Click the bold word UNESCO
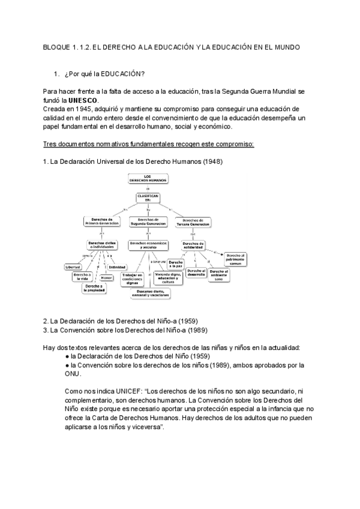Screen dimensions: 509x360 [82, 100]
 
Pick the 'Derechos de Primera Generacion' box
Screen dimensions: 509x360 [101, 221]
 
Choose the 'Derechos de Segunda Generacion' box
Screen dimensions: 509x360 [148, 221]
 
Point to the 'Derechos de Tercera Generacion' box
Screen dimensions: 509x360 [194, 221]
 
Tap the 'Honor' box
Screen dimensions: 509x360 [106, 278]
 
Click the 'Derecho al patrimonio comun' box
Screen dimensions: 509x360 [236, 259]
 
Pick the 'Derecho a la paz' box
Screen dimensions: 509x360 [175, 264]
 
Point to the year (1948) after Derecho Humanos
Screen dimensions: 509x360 [215, 162]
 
